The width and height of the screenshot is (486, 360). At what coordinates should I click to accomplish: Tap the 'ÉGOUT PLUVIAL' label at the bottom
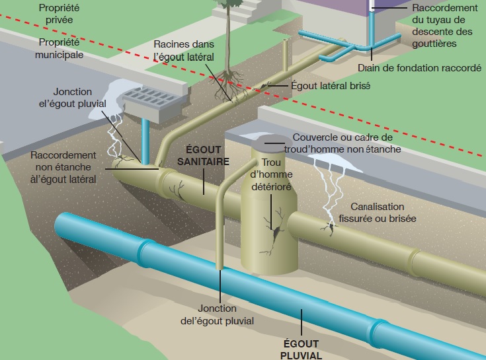pyautogui.click(x=300, y=349)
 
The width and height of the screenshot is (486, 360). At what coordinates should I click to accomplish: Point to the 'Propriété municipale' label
pyautogui.click(x=60, y=48)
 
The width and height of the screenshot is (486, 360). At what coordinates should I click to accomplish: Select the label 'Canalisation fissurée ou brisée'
pyautogui.click(x=387, y=211)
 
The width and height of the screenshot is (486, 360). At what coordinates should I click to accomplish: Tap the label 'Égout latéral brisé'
pyautogui.click(x=330, y=85)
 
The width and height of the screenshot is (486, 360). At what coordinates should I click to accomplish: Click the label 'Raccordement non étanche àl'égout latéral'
pyautogui.click(x=63, y=166)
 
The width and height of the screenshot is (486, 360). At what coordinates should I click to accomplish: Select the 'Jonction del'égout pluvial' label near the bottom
pyautogui.click(x=225, y=314)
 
